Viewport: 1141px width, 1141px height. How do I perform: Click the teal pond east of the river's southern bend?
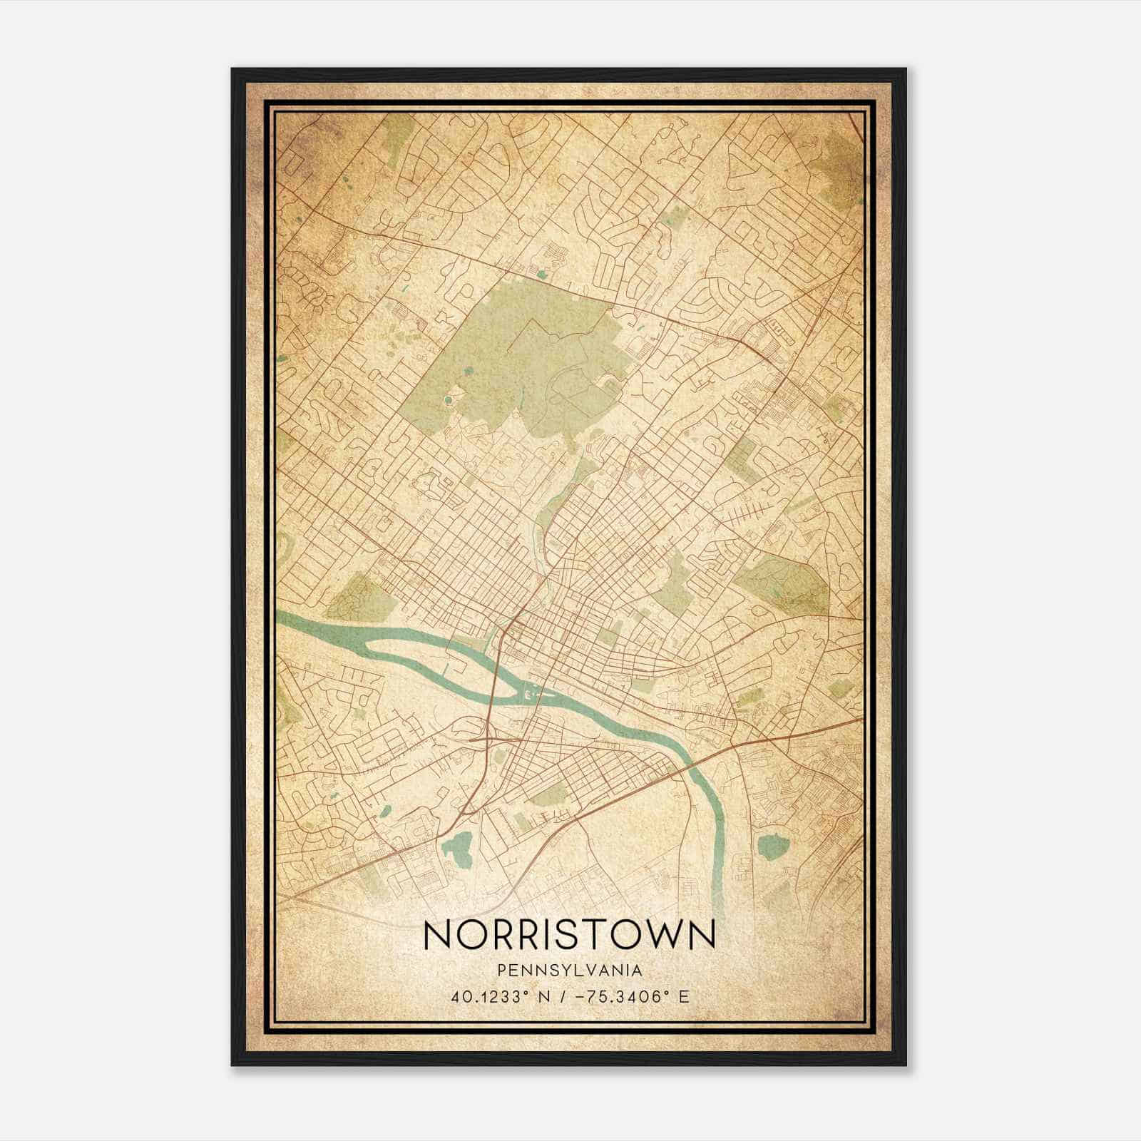coord(773,846)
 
